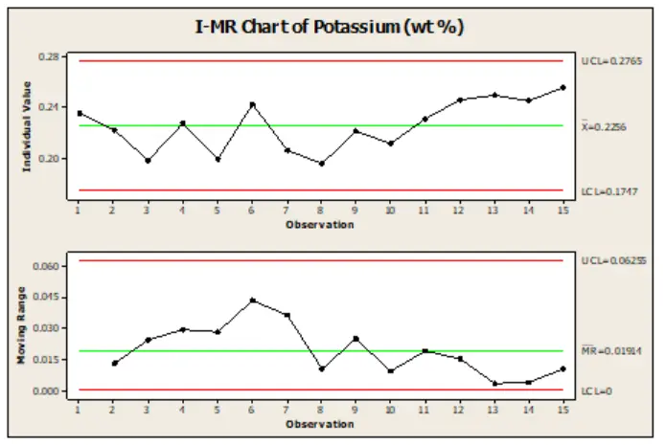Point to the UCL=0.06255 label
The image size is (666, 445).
(x=612, y=259)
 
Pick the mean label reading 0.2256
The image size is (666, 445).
(x=605, y=126)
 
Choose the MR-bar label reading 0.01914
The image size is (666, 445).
(x=609, y=351)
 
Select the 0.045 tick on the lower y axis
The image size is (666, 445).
(x=46, y=298)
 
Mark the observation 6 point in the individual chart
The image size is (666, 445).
(x=252, y=104)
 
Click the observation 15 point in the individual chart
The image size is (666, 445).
(x=563, y=87)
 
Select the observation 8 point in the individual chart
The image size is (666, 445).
(x=321, y=164)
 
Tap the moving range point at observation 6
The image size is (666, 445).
(x=252, y=300)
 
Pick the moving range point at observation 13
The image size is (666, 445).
(x=494, y=384)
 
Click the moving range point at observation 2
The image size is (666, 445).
(x=114, y=364)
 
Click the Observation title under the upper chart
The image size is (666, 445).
(x=320, y=226)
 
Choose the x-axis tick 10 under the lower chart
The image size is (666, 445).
(x=390, y=410)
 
